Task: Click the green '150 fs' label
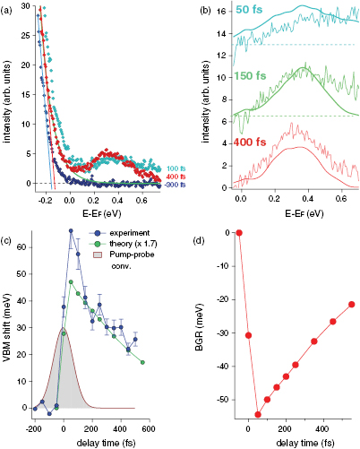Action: pyautogui.click(x=258, y=76)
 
